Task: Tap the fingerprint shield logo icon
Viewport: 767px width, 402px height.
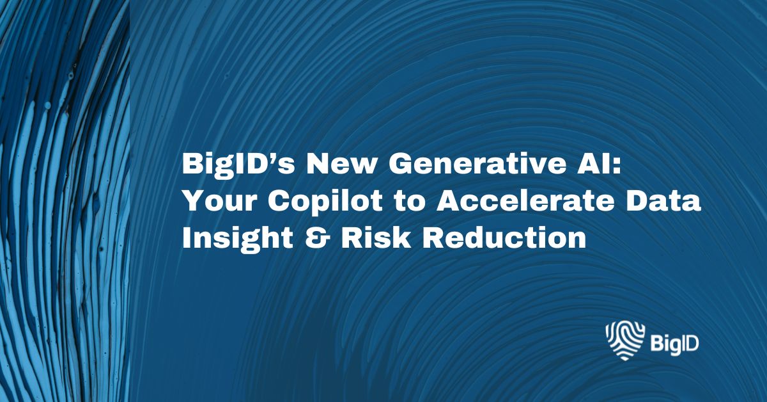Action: tap(623, 341)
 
